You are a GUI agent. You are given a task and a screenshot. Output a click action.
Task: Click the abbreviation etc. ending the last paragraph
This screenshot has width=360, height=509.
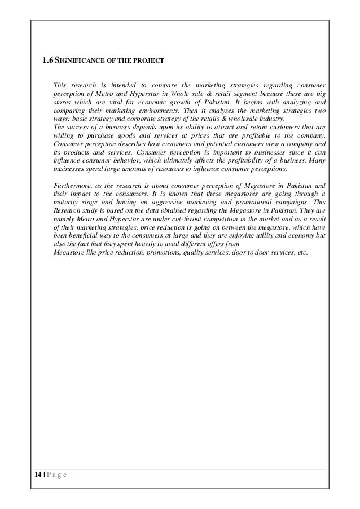tap(302, 251)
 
